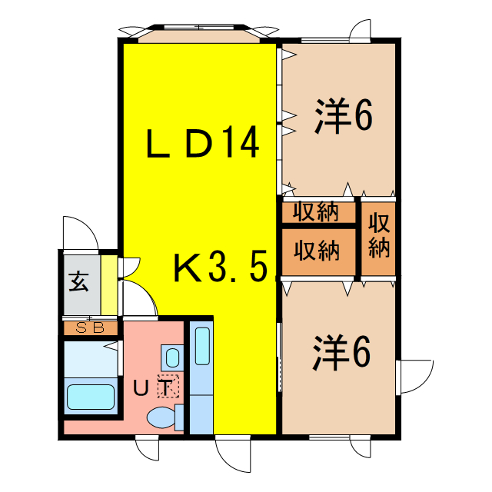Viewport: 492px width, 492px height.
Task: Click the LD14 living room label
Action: [201, 144]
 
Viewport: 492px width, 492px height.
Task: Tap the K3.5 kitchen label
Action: [220, 268]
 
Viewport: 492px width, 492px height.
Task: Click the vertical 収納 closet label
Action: [379, 236]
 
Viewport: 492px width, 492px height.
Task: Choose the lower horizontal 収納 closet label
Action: [318, 251]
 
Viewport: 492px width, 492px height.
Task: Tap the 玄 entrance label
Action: [79, 282]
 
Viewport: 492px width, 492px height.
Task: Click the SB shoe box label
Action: [90, 328]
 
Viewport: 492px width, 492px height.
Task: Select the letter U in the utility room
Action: [141, 389]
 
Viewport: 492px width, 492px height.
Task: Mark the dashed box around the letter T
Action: [167, 387]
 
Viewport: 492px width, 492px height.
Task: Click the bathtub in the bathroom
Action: [91, 397]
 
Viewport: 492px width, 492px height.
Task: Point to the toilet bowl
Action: [162, 419]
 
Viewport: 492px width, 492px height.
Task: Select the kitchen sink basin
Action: [201, 347]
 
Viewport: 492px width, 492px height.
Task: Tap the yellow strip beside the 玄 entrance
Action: [110, 284]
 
